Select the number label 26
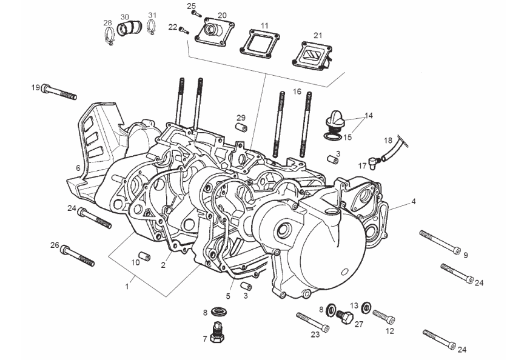[54, 245]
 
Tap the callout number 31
[152, 15]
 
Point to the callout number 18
[388, 140]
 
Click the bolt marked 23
[312, 321]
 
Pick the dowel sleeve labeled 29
[241, 128]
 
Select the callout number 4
[414, 201]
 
